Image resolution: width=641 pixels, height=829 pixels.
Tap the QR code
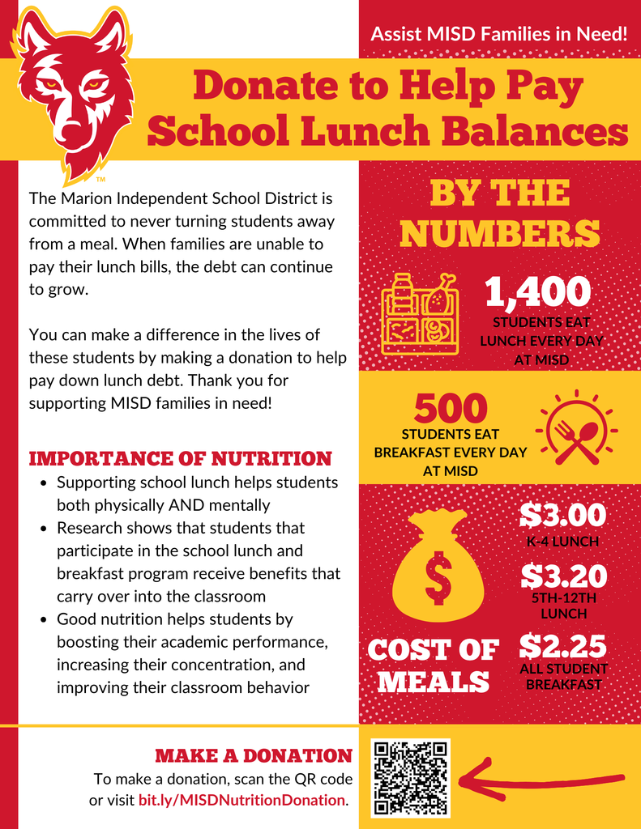(x=411, y=777)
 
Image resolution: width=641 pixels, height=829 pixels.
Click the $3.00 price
(x=562, y=515)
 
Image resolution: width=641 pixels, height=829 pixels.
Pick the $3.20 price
(x=563, y=576)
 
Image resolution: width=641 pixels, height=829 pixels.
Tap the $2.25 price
(x=562, y=646)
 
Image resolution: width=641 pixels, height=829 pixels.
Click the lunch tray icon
(x=420, y=316)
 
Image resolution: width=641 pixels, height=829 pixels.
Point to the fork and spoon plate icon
(x=576, y=432)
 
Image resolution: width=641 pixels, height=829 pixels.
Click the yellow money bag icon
(x=438, y=566)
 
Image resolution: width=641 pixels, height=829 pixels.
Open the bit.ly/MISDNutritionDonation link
(x=242, y=800)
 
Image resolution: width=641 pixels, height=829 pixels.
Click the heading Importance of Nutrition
(x=180, y=459)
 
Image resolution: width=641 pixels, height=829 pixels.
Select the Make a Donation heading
(x=253, y=756)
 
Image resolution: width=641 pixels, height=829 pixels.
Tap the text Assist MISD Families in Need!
(x=498, y=34)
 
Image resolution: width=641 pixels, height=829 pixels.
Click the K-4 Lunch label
(x=563, y=542)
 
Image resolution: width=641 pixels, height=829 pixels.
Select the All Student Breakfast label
(x=563, y=677)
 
